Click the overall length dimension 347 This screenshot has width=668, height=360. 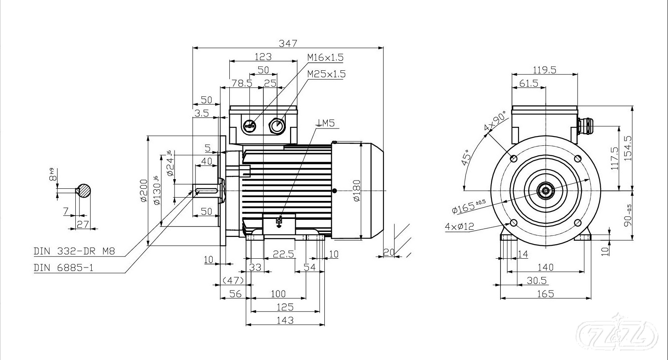click(288, 43)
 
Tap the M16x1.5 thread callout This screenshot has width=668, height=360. click(325, 57)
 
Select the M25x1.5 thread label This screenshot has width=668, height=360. click(326, 74)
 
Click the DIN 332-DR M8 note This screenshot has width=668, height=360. click(74, 251)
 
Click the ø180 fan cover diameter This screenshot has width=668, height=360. click(357, 191)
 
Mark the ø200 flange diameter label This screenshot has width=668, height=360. click(143, 191)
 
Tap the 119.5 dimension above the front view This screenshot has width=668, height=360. click(544, 70)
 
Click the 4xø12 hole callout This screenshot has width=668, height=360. click(459, 227)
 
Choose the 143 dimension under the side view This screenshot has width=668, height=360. click(285, 320)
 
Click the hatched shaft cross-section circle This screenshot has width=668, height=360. click(84, 191)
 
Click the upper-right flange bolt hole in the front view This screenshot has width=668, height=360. click(578, 158)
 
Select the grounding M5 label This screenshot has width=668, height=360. click(326, 123)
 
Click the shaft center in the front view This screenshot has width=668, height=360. click(546, 191)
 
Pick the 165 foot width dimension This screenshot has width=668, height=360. click(545, 294)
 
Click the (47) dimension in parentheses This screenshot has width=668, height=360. click(233, 280)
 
